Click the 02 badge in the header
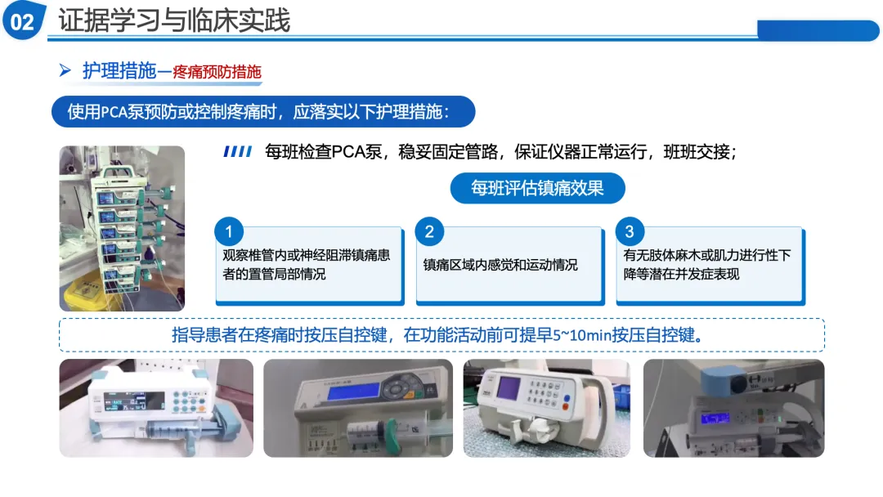(x=23, y=20)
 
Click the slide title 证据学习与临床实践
(x=174, y=20)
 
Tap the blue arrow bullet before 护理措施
(x=65, y=70)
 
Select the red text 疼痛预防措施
(x=217, y=72)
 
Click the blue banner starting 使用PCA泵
(x=263, y=111)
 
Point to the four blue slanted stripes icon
(x=238, y=151)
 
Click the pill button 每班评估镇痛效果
(x=537, y=188)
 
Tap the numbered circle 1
(x=229, y=231)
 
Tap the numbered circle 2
(x=429, y=231)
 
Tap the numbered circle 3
(x=630, y=231)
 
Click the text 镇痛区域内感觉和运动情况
(x=500, y=265)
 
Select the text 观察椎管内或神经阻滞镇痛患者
(x=307, y=256)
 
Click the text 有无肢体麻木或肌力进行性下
(x=706, y=256)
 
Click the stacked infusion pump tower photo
(x=122, y=229)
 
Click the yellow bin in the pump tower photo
(x=84, y=293)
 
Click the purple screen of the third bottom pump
(x=509, y=388)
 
